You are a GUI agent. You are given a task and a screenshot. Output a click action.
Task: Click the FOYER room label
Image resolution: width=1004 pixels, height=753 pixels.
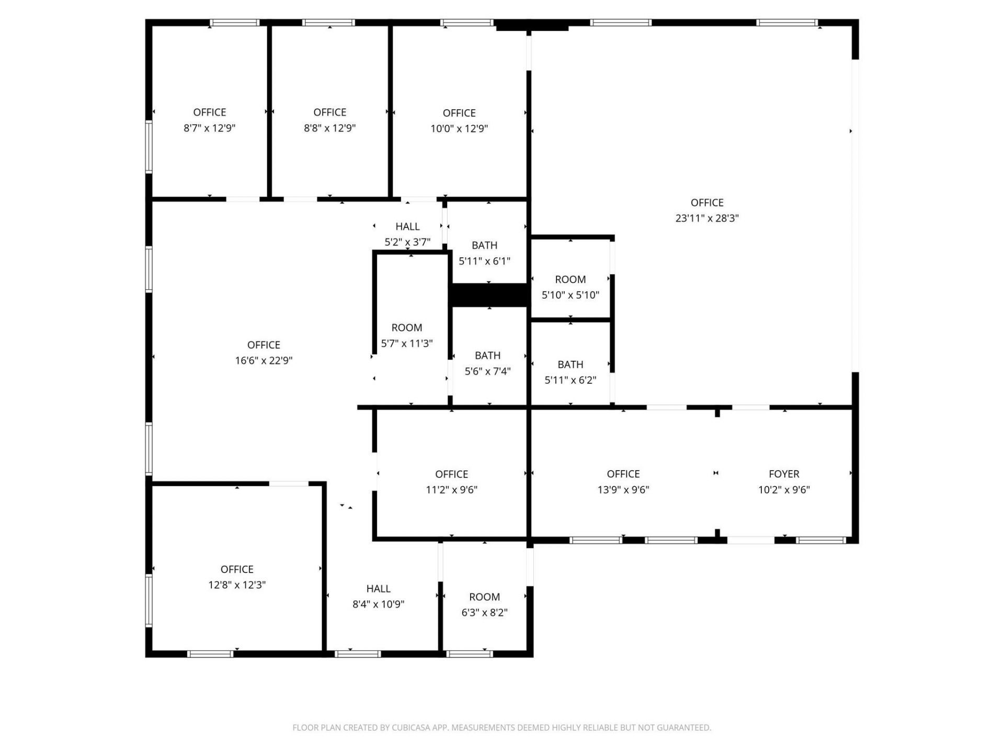784,474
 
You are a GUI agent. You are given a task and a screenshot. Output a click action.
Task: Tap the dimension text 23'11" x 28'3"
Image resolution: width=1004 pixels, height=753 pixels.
707,218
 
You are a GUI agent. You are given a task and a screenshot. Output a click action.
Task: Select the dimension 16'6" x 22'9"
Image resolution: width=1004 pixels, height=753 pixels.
264,360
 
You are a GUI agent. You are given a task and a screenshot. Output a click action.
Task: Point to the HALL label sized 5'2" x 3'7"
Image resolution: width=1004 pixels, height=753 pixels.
407,226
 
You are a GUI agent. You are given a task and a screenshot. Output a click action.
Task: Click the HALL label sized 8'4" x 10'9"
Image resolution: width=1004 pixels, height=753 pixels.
378,588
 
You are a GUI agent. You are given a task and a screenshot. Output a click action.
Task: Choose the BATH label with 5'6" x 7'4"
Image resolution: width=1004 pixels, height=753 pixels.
487,356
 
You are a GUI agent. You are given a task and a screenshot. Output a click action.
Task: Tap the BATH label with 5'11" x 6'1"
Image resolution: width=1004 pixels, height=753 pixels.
484,245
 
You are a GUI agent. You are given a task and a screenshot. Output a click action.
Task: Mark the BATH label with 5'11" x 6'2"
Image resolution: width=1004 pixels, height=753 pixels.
570,364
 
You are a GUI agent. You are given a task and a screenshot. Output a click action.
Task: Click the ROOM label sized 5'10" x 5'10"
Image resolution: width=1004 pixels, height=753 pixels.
570,279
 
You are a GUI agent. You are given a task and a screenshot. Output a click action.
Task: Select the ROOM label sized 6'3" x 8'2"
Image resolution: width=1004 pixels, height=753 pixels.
484,597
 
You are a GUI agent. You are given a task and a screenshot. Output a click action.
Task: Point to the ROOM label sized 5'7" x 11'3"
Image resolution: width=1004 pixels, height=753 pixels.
407,328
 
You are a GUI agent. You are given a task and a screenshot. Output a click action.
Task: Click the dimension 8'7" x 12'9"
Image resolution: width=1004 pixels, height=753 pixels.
209,128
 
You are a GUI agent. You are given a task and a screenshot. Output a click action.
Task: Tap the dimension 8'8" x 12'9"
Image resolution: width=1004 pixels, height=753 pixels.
329,128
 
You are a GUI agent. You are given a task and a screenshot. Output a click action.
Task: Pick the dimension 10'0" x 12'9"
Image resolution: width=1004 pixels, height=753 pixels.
459,129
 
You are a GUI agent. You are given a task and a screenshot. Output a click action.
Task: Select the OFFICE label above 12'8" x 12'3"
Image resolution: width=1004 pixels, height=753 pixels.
237,569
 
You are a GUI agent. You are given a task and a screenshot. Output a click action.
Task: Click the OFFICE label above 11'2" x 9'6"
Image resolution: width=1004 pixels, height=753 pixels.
451,474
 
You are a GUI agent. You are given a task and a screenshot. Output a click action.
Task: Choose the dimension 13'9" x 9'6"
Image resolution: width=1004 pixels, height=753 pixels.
623,490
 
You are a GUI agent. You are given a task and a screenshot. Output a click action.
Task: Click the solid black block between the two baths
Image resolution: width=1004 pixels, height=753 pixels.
489,295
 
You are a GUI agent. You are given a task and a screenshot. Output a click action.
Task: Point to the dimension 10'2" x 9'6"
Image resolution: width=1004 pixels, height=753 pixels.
784,490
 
